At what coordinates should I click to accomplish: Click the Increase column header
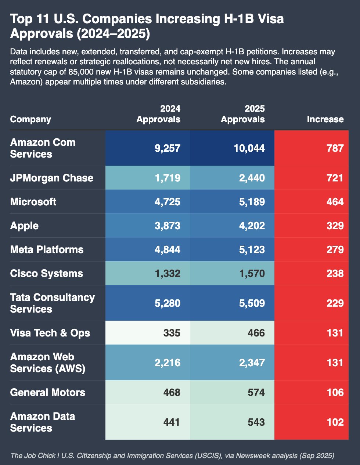point(325,119)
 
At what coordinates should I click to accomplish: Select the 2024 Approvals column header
point(158,114)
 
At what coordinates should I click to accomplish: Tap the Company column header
point(30,119)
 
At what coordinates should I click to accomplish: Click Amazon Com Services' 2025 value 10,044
point(249,148)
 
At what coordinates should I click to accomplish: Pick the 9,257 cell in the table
point(168,148)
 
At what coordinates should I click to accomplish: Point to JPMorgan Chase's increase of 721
point(335,178)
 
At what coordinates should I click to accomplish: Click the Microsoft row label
point(33,202)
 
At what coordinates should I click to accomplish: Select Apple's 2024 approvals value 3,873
point(168,226)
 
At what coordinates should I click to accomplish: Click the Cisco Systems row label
point(46,274)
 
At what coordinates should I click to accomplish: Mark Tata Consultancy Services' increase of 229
point(335,303)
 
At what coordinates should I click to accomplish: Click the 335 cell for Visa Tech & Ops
point(172,333)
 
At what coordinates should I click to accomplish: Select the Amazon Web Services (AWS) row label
point(47,363)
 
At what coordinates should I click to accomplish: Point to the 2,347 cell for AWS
point(252,363)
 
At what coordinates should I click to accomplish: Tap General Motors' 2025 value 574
point(256,393)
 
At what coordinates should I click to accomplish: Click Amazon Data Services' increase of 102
point(335,422)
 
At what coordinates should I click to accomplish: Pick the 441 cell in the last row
point(172,422)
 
